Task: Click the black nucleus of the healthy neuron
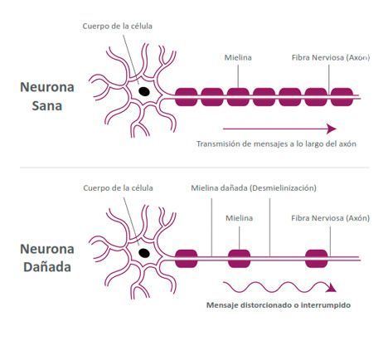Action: coord(144,91)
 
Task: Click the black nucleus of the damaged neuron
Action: coord(144,253)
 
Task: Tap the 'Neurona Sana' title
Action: coord(47,96)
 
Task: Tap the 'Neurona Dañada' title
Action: coord(47,258)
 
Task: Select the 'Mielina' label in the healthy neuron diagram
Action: coord(238,57)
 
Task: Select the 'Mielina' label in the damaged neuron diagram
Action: coord(240,218)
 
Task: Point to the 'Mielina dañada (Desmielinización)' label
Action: coord(254,188)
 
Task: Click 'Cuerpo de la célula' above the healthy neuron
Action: coord(118,27)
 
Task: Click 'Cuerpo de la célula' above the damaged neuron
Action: coord(118,188)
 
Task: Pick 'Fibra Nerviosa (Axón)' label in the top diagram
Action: coord(331,57)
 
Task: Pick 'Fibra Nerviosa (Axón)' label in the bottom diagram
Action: coord(330,218)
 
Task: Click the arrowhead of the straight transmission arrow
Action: coord(332,129)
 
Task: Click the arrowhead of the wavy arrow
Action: coord(331,288)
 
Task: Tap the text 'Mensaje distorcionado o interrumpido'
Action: coord(279,305)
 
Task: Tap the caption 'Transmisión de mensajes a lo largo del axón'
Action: coord(276,144)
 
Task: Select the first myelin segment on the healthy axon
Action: coord(187,97)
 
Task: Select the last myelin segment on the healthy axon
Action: coord(342,97)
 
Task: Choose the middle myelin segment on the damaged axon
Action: coord(239,259)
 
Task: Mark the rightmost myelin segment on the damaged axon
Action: coord(317,259)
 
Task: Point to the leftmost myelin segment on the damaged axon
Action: coord(187,259)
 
